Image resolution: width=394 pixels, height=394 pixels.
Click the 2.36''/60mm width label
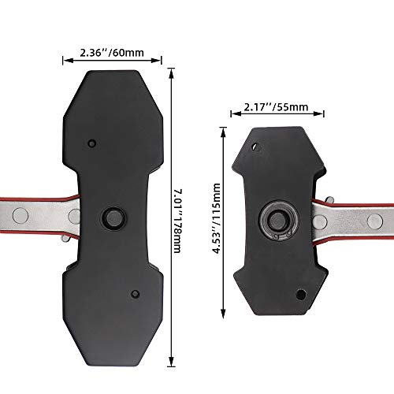point(112,53)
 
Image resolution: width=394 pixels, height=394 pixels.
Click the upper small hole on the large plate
point(91,143)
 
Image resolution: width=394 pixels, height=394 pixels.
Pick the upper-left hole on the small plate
point(254,147)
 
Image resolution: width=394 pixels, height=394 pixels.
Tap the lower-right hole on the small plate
point(300,295)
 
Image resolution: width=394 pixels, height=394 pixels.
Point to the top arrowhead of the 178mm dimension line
point(171,70)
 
